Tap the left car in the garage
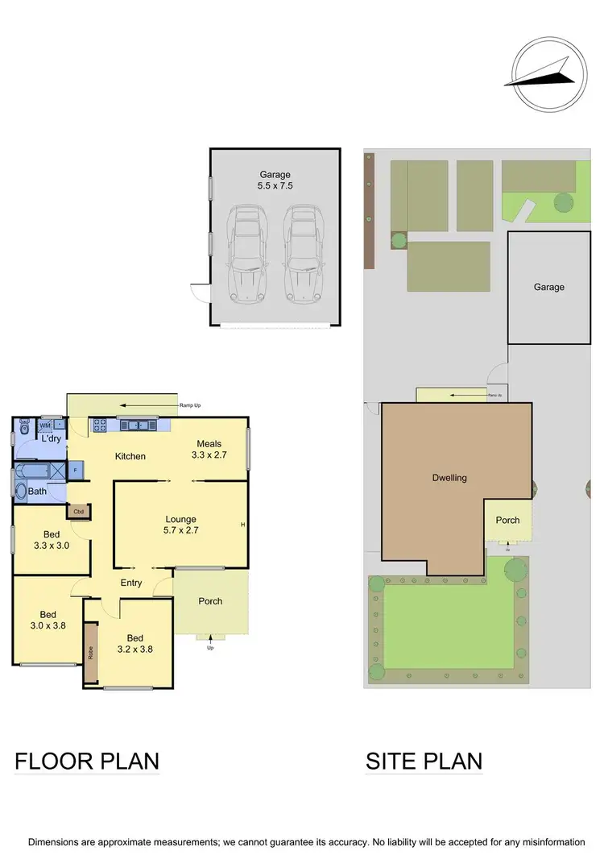pyautogui.click(x=246, y=251)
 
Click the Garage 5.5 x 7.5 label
pyautogui.click(x=275, y=179)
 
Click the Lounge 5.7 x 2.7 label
pyautogui.click(x=181, y=525)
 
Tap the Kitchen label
pyautogui.click(x=130, y=456)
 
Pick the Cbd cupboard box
pyautogui.click(x=79, y=511)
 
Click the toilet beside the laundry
pyautogui.click(x=23, y=425)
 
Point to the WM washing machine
pyautogui.click(x=45, y=425)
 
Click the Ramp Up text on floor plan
pyautogui.click(x=190, y=405)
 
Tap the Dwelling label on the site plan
pyautogui.click(x=449, y=478)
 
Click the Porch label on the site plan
pyautogui.click(x=507, y=520)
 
